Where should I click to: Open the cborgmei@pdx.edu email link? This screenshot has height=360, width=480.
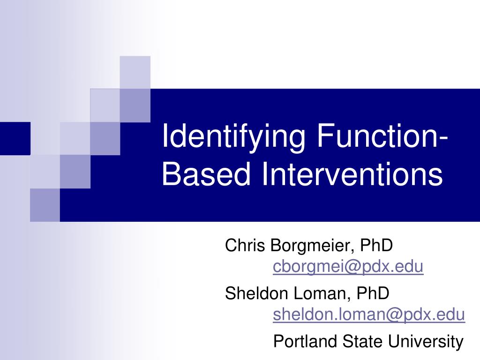tap(348, 267)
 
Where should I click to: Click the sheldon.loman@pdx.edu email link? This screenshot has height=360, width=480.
tap(369, 315)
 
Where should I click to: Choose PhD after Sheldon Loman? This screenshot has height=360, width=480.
tap(373, 293)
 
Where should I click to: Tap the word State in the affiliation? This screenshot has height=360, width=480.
tap(360, 341)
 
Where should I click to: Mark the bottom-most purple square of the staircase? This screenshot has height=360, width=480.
tap(45, 205)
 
